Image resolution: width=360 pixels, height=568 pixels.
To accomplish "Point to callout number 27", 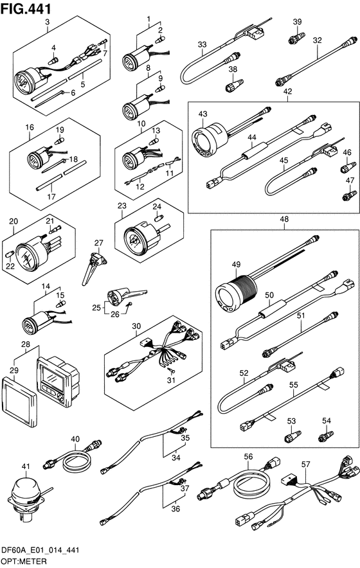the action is click(x=98, y=243).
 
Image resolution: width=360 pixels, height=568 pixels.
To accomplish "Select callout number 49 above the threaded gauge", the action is click(x=236, y=265).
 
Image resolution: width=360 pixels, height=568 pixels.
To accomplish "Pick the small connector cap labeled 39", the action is click(x=296, y=38).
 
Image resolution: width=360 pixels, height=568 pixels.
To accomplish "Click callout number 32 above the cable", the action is click(x=317, y=40).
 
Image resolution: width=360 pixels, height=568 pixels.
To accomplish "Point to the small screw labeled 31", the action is click(x=170, y=371).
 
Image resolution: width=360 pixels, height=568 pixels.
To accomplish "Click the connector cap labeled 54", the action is click(x=325, y=436).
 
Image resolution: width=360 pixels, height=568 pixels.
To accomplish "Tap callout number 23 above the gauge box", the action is click(x=122, y=206).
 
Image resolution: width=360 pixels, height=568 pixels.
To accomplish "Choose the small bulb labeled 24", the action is click(x=159, y=218).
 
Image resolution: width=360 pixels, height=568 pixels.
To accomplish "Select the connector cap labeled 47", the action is click(x=350, y=195).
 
